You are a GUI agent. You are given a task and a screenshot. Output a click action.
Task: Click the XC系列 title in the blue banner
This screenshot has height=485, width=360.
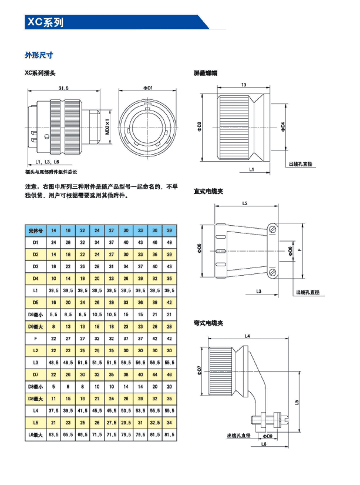[45, 22]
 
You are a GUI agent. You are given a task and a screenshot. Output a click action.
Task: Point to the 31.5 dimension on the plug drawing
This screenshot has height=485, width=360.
[63, 88]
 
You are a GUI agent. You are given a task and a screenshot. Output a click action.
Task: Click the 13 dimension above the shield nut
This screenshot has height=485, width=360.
[243, 85]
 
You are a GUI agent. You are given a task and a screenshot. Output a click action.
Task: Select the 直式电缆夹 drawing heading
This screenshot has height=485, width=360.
[208, 191]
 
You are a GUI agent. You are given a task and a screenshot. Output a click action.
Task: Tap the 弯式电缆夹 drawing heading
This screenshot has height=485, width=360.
[208, 323]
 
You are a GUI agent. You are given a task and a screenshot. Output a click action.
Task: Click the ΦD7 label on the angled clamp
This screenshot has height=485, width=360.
[199, 370]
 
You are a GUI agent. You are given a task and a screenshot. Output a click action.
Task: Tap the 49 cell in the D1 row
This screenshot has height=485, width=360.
[169, 242]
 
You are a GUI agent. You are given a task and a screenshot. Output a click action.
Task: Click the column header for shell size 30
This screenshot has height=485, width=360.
[126, 230]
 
